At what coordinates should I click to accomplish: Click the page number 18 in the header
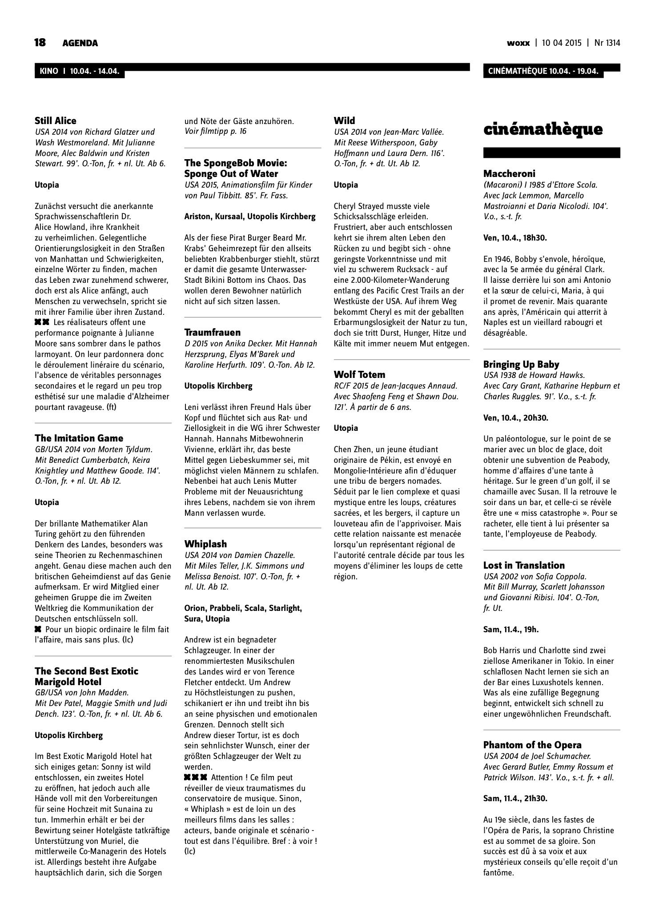tap(40, 43)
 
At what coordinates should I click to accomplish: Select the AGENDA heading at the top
tap(80, 43)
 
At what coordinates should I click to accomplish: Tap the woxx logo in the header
tap(518, 43)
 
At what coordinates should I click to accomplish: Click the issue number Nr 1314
tap(607, 43)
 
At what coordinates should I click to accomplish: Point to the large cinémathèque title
tap(543, 129)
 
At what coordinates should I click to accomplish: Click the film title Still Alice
tap(56, 121)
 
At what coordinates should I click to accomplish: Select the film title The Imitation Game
tap(79, 438)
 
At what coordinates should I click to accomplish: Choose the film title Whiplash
tap(205, 544)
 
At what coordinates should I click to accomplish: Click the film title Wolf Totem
tap(359, 375)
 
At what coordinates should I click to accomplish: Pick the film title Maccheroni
tap(509, 174)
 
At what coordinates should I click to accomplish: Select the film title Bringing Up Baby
tap(521, 365)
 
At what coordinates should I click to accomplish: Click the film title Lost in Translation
tap(524, 566)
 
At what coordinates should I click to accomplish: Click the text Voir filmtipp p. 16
tap(215, 131)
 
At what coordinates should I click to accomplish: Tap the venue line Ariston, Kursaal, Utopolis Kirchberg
tap(250, 217)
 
